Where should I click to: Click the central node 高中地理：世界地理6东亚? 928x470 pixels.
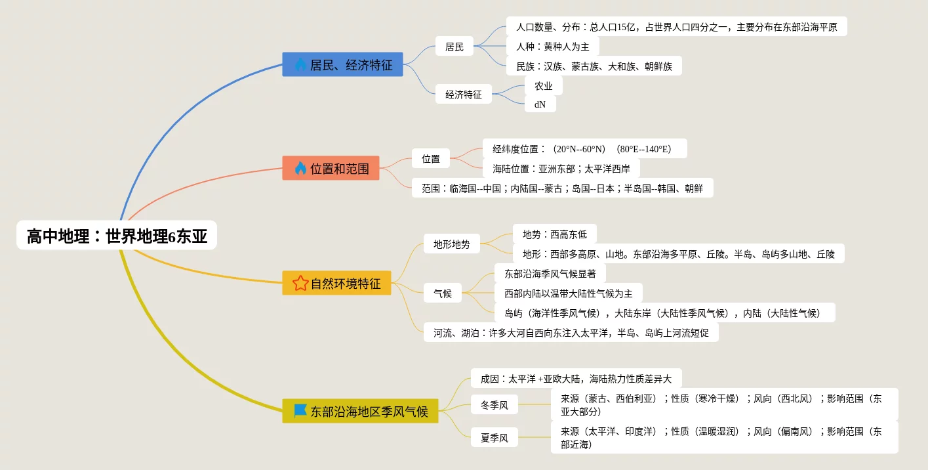click(x=117, y=236)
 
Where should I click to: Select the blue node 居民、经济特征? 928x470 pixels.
click(x=342, y=64)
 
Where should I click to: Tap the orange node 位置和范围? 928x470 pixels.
click(x=331, y=168)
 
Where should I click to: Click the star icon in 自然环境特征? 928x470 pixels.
click(x=300, y=284)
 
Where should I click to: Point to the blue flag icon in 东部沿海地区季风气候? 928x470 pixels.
click(x=300, y=411)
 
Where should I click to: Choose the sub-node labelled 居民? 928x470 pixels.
click(x=454, y=46)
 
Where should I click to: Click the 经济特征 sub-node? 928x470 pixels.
click(x=464, y=94)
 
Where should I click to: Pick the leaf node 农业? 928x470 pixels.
click(x=543, y=85)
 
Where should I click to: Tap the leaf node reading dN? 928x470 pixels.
click(x=540, y=104)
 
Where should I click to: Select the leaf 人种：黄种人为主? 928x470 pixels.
click(x=552, y=46)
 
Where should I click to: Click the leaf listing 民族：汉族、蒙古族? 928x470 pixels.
click(x=594, y=66)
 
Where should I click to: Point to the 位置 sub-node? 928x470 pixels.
click(x=431, y=158)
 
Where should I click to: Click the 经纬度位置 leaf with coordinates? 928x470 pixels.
click(x=584, y=148)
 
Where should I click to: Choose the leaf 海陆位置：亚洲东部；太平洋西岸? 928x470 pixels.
click(x=561, y=168)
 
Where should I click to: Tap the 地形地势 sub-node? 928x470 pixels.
click(x=452, y=244)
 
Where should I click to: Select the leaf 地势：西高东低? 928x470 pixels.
click(x=554, y=234)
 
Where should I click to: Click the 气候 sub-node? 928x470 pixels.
click(x=443, y=293)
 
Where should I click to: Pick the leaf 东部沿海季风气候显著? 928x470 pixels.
click(x=550, y=273)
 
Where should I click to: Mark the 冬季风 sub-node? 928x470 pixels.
click(x=494, y=405)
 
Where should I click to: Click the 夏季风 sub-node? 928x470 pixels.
click(x=494, y=437)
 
